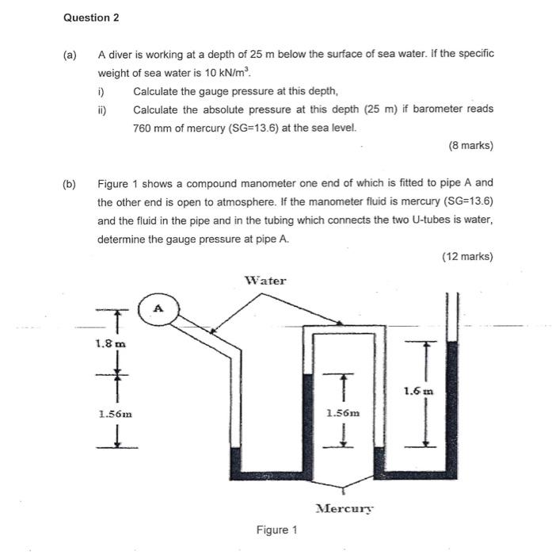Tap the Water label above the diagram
265,280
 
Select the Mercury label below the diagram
344,508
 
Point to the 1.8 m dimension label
110,344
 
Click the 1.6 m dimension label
418,391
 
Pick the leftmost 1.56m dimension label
115,413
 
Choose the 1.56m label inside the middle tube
342,412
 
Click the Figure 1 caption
276,530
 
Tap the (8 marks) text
470,146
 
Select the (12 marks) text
467,256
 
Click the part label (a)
70,55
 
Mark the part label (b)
70,183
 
